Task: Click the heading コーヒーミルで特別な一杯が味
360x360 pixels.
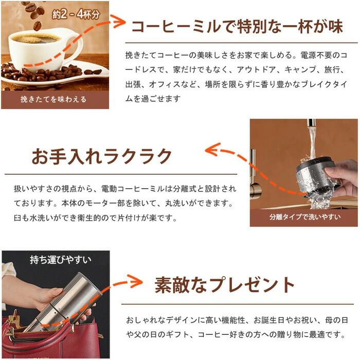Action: [237, 27]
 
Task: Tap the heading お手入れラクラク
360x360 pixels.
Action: [102, 156]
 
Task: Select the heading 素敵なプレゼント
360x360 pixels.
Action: [225, 285]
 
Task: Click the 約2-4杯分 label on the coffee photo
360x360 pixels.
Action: [76, 14]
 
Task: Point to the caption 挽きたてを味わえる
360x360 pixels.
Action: [53, 99]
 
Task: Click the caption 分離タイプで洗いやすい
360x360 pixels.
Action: [305, 217]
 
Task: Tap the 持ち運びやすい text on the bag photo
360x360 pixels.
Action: [61, 260]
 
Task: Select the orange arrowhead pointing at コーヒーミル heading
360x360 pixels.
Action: [118, 22]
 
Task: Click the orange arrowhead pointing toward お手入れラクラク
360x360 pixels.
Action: [212, 149]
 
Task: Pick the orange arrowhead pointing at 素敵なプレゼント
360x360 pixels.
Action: [135, 281]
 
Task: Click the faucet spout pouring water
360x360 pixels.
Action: [311, 123]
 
